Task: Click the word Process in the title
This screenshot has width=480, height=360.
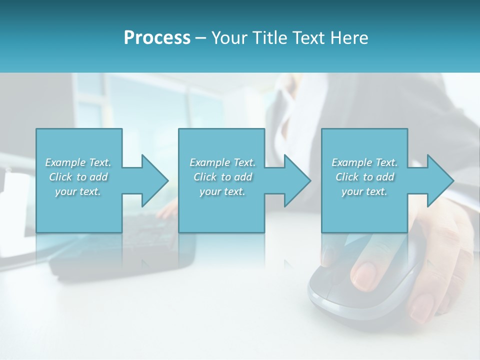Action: [157, 38]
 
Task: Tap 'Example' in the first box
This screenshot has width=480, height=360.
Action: [65, 162]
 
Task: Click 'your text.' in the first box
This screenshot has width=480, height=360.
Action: [78, 191]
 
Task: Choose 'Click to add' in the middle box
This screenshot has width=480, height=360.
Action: [222, 177]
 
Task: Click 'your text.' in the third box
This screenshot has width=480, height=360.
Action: [364, 191]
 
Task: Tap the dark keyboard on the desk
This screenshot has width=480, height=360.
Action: [120, 250]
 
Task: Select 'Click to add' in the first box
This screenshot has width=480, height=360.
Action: [78, 177]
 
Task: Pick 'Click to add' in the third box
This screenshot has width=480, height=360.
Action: [364, 177]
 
